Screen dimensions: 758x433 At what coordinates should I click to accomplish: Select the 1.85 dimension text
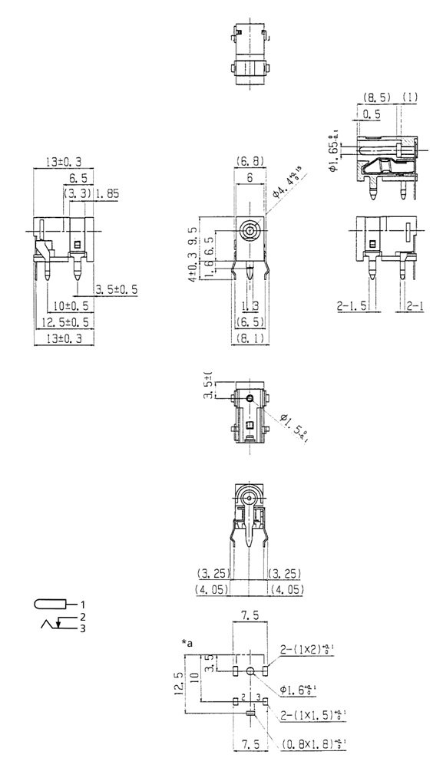[x=107, y=196]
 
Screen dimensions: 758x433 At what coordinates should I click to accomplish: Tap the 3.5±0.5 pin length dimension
[x=117, y=289]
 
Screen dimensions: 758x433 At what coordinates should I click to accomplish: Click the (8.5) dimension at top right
[x=375, y=98]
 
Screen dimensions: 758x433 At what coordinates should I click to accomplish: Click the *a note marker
[x=187, y=641]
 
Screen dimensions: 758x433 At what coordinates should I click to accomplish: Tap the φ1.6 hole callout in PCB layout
[x=297, y=690]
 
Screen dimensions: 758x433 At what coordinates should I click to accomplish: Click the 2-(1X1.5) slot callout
[x=308, y=715]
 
